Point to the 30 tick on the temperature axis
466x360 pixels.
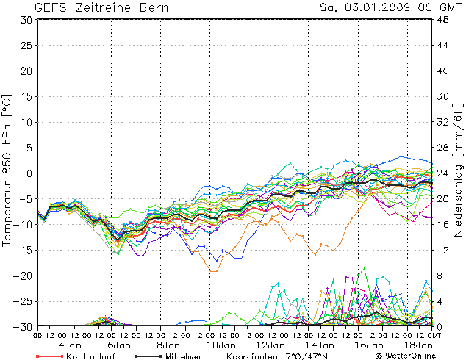tap(26, 20)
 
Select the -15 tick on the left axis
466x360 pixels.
tap(23, 250)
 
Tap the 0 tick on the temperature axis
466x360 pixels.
tap(29, 173)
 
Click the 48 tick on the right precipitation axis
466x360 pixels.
tap(442, 20)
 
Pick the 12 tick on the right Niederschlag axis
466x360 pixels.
tap(442, 250)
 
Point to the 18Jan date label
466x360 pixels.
tap(416, 344)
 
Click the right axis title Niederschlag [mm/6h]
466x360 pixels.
tap(458, 173)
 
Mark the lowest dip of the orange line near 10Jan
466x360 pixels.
tap(213, 271)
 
